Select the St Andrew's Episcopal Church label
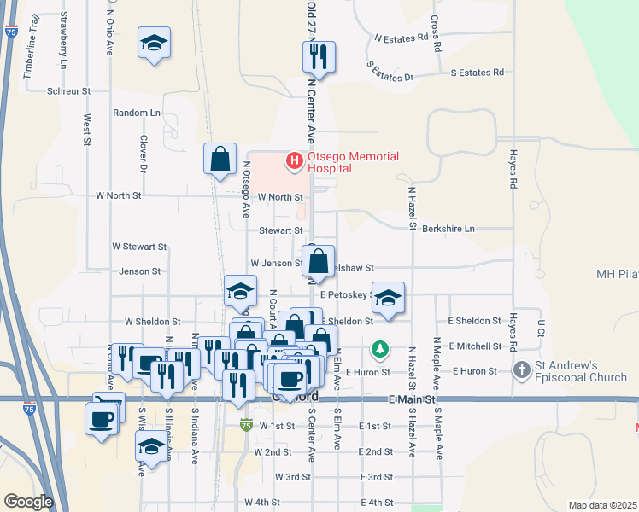[582, 370]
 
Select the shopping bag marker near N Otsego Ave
[220, 159]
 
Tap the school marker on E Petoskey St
[388, 297]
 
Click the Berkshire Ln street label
[448, 230]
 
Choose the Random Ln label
[137, 113]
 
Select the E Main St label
[412, 399]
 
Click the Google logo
[28, 502]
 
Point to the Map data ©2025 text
[602, 505]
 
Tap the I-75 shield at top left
[11, 31]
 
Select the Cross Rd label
[436, 32]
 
